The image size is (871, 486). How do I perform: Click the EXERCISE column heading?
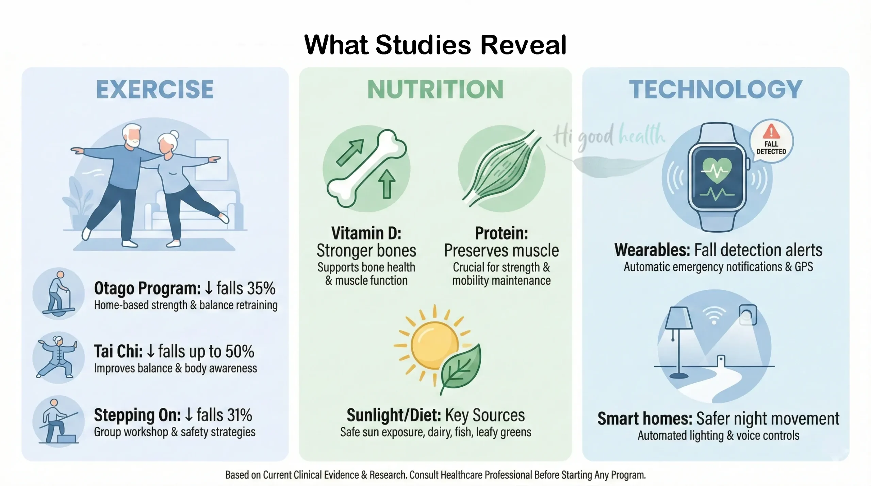coord(155,89)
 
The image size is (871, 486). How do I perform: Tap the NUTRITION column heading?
coord(435,89)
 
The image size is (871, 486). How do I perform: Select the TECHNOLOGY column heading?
coord(716,89)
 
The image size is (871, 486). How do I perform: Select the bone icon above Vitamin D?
coord(366,168)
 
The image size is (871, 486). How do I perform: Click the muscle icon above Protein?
coord(502,168)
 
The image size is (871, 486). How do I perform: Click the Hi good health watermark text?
coord(609,137)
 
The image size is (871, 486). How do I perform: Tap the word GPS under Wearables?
coord(804,267)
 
